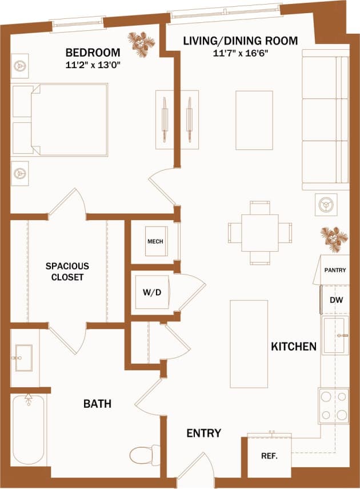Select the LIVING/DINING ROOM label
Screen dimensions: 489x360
(240, 41)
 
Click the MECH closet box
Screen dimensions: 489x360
(155, 241)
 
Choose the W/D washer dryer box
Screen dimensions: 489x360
(152, 292)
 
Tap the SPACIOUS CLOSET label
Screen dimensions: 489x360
(67, 272)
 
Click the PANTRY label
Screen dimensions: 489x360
(335, 270)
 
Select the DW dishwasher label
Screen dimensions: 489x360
(335, 299)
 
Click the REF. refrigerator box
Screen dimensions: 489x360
(269, 456)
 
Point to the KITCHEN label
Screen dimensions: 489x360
(293, 347)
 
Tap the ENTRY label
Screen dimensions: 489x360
(203, 434)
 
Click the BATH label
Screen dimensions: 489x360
(97, 404)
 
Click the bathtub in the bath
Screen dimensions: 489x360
(27, 429)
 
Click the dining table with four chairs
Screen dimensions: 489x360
(260, 232)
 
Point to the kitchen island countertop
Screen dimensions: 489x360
(249, 344)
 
